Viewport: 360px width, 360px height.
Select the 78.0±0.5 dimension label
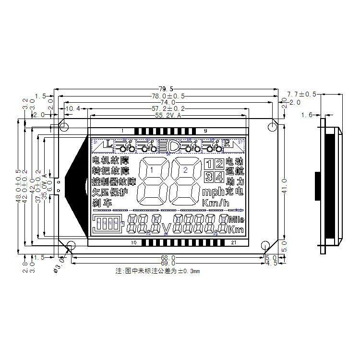(x=167, y=96)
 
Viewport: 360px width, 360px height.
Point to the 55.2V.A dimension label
(x=168, y=116)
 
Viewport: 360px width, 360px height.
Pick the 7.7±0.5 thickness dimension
(x=301, y=94)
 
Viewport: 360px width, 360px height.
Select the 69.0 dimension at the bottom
(x=168, y=264)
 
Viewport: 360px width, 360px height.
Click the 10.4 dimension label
(x=72, y=109)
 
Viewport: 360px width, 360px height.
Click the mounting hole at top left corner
(x=63, y=127)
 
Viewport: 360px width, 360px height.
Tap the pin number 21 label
(x=233, y=243)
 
